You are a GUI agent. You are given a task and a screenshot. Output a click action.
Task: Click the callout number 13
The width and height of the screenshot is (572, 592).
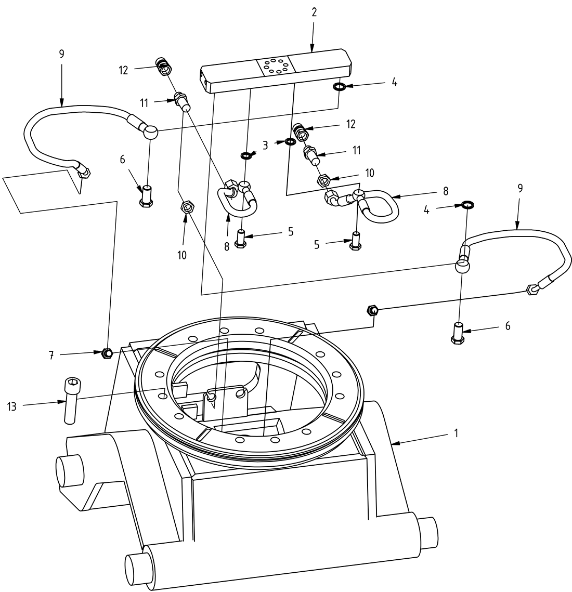pos(12,406)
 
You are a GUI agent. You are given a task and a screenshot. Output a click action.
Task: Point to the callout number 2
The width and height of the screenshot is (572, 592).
pos(314,12)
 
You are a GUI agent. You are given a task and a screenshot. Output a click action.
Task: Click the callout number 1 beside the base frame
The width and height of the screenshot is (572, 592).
pos(456,433)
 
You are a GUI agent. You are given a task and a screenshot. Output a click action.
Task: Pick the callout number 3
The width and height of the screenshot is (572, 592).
pos(265,146)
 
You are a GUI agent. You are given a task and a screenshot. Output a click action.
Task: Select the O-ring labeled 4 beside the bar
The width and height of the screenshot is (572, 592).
pos(339,87)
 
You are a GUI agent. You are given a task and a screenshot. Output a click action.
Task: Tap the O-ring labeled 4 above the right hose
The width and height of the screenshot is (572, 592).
pos(467,205)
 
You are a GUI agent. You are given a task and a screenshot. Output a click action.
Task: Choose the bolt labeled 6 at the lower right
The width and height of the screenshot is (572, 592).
pos(458,333)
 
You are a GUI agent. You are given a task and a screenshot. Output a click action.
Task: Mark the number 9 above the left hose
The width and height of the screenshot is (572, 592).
pos(62,54)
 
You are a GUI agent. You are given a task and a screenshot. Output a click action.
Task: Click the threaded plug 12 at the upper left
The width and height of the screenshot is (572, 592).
pos(163,67)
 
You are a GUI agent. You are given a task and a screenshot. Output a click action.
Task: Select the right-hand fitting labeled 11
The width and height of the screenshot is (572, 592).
pos(311,154)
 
